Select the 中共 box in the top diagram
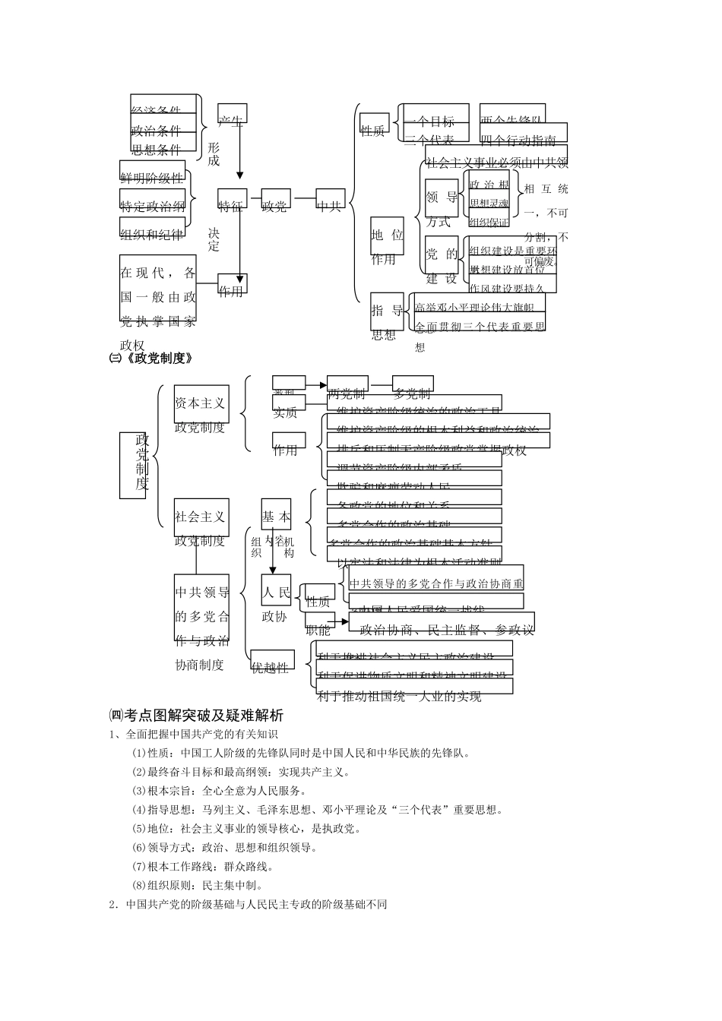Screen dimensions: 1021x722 pyautogui.click(x=331, y=199)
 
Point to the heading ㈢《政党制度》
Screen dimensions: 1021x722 pyautogui.click(x=151, y=359)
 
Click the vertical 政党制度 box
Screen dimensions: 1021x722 pyautogui.click(x=142, y=464)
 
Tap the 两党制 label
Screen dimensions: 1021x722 pyautogui.click(x=347, y=393)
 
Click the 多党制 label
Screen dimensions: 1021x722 pyautogui.click(x=412, y=393)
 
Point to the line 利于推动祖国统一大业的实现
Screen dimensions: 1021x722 pyautogui.click(x=399, y=695)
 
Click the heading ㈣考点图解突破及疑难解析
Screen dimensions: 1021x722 pyautogui.click(x=196, y=715)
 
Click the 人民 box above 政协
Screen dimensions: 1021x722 pyautogui.click(x=277, y=592)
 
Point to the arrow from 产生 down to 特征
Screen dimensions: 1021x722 pyautogui.click(x=240, y=152)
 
